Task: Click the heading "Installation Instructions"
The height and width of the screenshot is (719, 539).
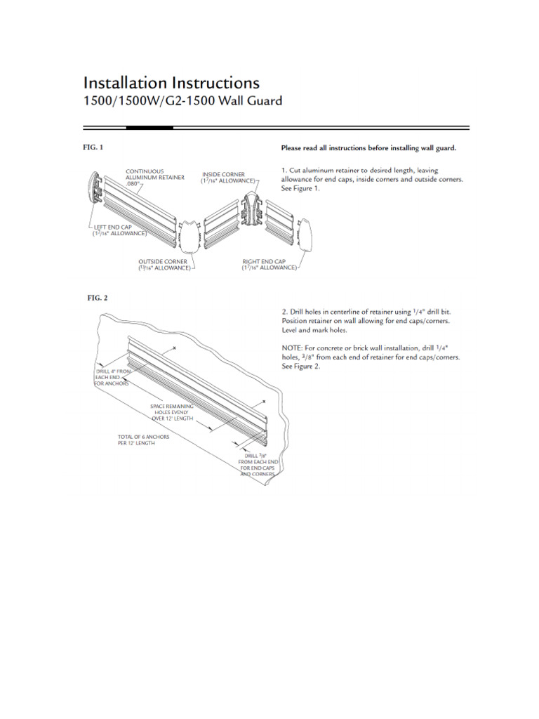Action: tap(171, 84)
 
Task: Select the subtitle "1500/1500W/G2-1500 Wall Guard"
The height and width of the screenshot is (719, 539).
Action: tap(182, 101)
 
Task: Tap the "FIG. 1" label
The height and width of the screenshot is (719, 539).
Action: tap(93, 147)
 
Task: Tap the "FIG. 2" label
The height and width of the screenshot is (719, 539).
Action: tap(97, 298)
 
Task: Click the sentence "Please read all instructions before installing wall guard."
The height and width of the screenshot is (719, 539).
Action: tap(368, 148)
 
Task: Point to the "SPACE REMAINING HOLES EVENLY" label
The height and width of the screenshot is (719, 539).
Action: tap(172, 411)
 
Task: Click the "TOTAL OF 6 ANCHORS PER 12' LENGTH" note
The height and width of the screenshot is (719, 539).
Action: tap(144, 440)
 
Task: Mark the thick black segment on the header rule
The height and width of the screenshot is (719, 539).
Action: tap(149, 128)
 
